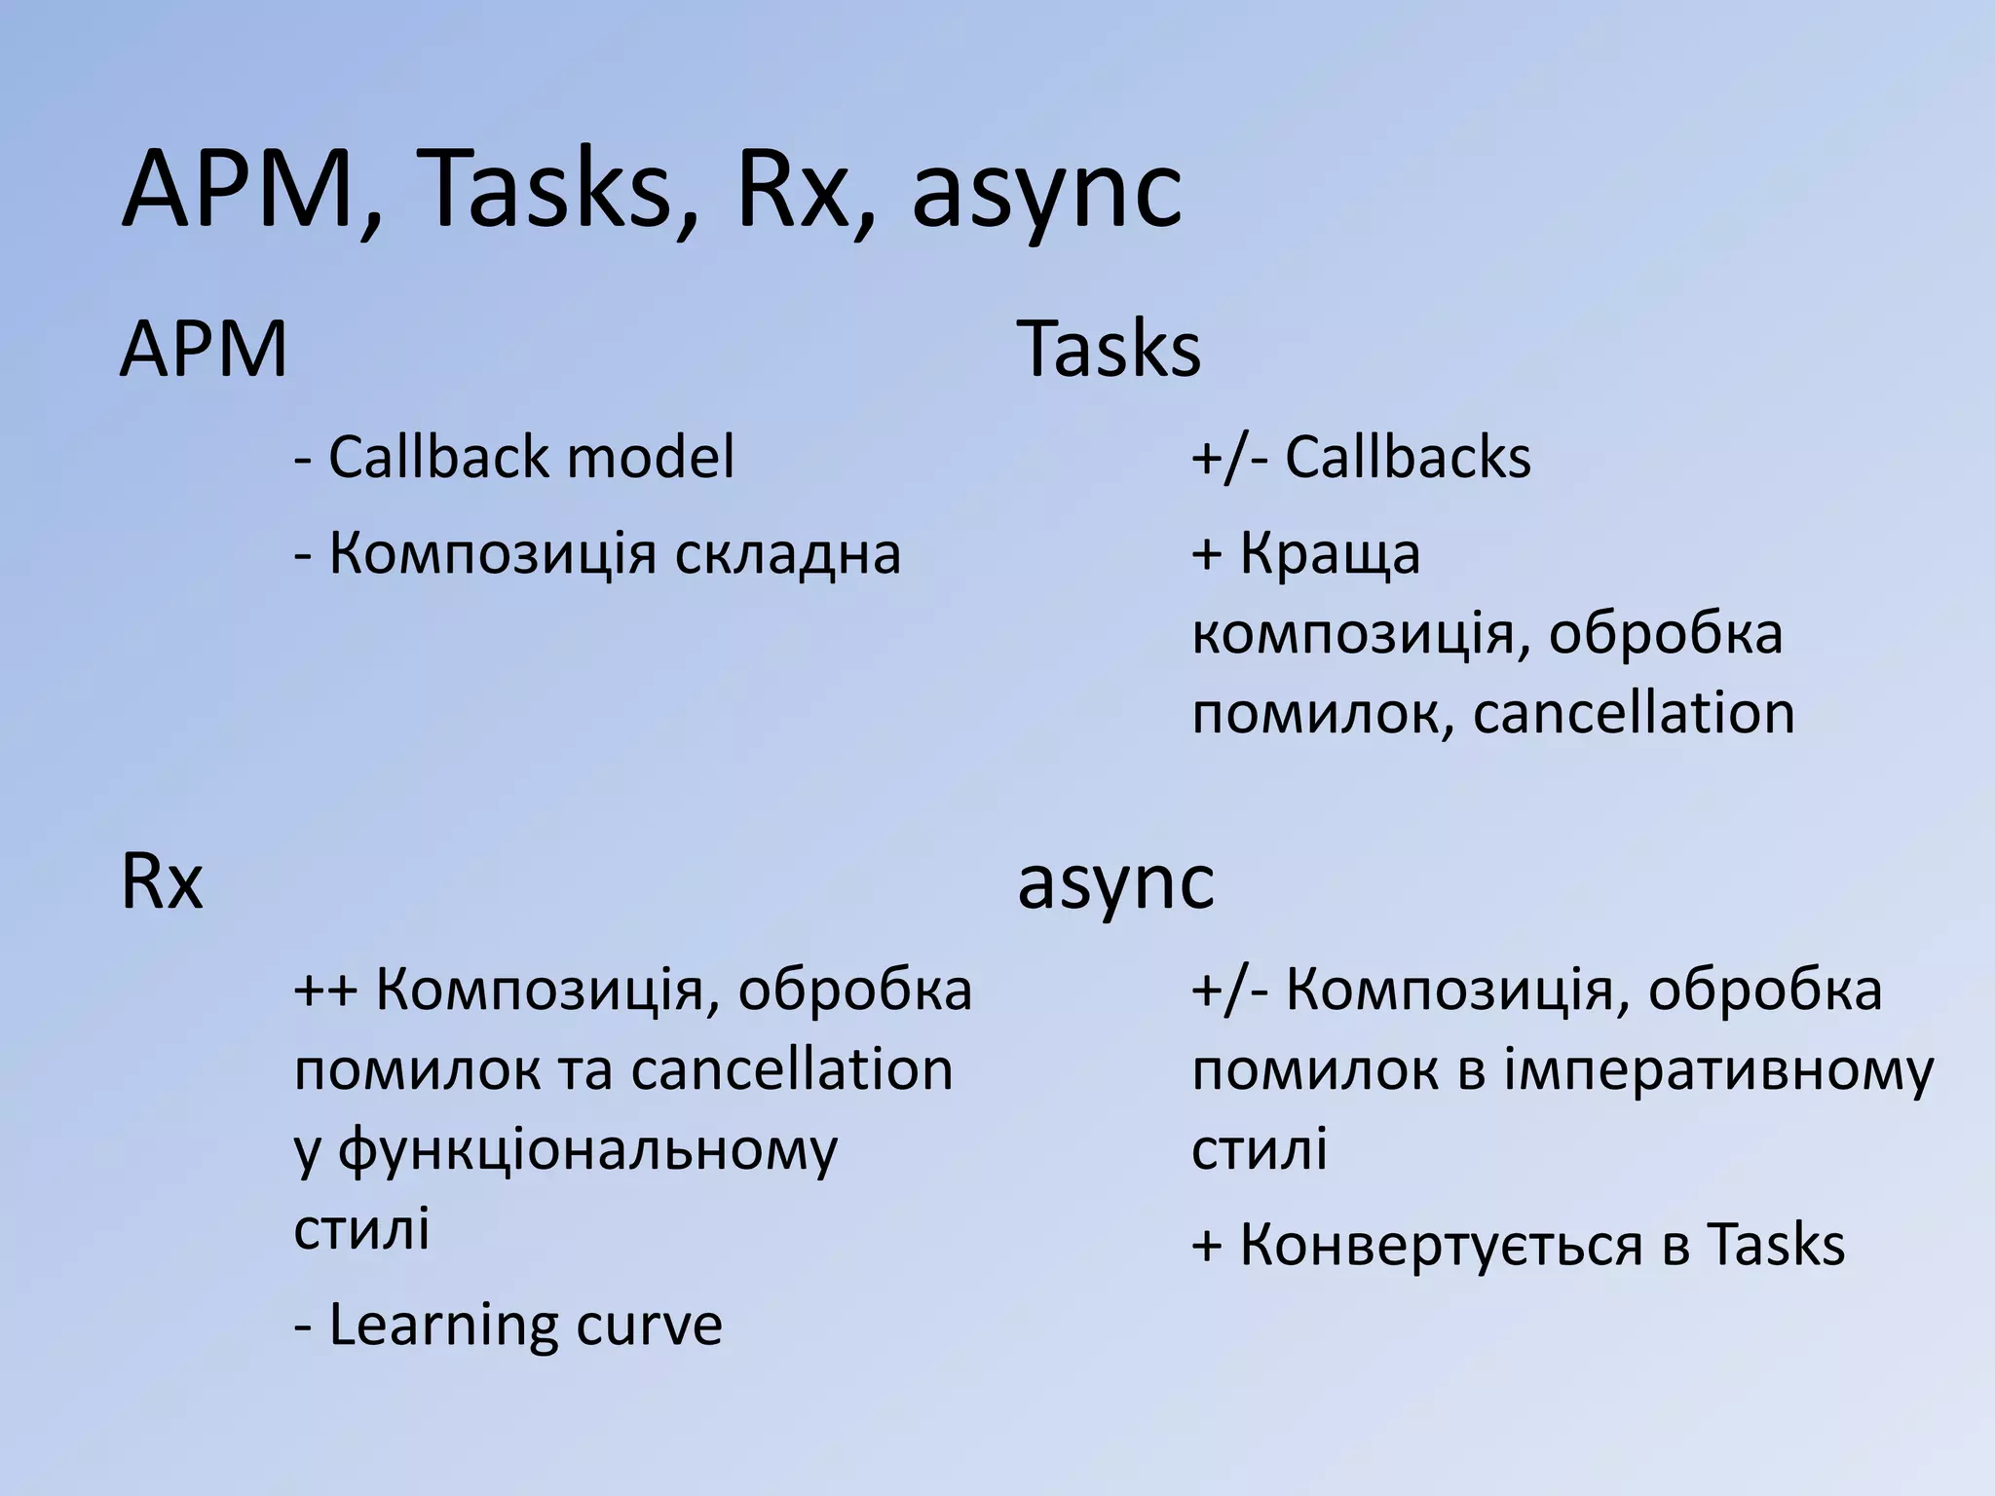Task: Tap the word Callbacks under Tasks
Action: tap(1408, 457)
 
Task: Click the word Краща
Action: tap(1330, 554)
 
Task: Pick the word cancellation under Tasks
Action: tap(1634, 714)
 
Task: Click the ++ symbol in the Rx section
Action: tap(326, 991)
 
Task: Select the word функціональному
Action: tap(587, 1150)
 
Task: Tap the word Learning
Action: tap(443, 1326)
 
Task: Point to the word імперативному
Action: tap(1719, 1070)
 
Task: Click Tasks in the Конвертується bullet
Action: tap(1775, 1246)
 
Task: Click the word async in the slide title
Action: tap(1047, 195)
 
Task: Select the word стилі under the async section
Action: tap(1260, 1150)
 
